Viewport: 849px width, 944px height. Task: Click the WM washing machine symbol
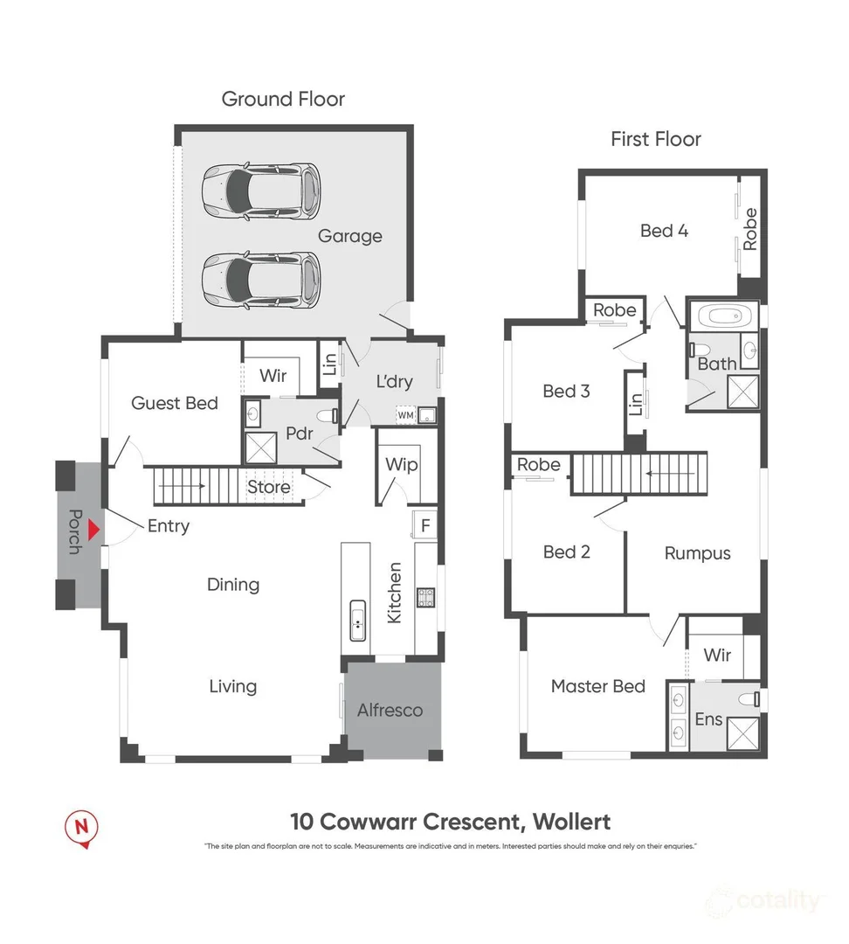404,416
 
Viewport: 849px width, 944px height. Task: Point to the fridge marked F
425,525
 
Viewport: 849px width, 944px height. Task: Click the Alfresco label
390,710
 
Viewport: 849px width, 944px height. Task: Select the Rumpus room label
697,552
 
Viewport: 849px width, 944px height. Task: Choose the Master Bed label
597,686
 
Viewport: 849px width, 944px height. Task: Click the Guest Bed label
175,402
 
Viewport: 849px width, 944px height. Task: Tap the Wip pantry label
401,464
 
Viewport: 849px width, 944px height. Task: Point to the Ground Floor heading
283,99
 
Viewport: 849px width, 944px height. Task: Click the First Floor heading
655,138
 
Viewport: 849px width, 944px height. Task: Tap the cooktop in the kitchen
427,598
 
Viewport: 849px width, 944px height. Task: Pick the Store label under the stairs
269,487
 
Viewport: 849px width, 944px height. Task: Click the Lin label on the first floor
635,403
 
